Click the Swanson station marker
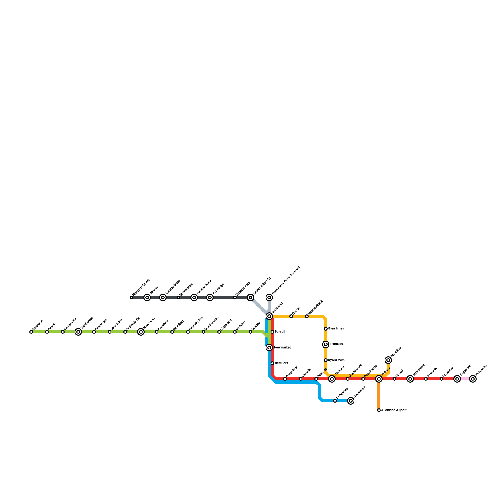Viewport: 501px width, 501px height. coord(31,332)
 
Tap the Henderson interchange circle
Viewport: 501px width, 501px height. coord(78,332)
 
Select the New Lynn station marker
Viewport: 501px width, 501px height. coord(141,332)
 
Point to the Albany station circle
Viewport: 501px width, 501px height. coord(147,297)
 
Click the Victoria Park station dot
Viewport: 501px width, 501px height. coord(235,297)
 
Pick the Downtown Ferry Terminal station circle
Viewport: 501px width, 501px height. coord(269,297)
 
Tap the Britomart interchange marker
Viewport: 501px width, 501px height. coord(269,316)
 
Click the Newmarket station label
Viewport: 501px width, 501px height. coord(282,348)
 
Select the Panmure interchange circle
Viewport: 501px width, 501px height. coord(326,344)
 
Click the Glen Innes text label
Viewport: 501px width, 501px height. coord(336,329)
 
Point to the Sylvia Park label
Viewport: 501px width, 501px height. coord(336,360)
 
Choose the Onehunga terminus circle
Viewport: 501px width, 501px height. coord(351,401)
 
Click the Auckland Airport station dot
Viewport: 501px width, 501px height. coord(379,410)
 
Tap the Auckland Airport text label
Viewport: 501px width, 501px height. coord(394,410)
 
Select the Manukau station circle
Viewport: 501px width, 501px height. coord(388,360)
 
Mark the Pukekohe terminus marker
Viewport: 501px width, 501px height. coord(473,379)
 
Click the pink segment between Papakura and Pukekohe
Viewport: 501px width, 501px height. coord(465,379)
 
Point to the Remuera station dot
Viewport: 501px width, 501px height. coord(272,363)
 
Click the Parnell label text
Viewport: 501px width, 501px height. coord(280,332)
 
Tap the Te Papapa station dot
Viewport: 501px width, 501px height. coord(335,401)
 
